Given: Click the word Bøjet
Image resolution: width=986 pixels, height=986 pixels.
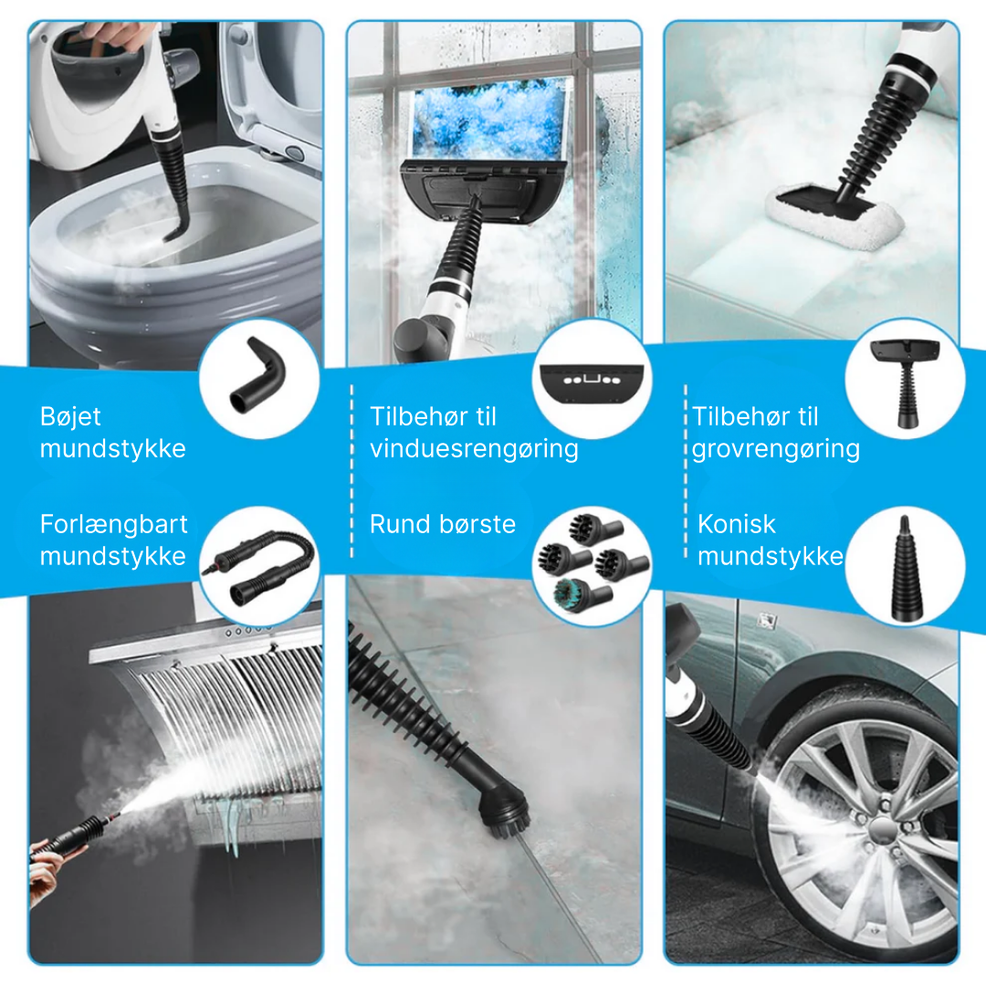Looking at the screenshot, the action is (69, 416).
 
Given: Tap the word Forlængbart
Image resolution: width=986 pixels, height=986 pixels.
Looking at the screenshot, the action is (114, 524).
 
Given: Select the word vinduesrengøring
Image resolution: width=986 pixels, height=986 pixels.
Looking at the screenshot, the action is (474, 449).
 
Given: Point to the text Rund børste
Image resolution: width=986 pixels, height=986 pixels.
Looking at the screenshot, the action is (443, 524).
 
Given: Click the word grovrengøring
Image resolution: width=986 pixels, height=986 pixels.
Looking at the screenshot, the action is (776, 449).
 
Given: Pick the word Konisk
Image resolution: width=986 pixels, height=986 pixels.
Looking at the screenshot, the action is (737, 524).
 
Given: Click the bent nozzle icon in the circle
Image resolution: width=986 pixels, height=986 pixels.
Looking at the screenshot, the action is (258, 376).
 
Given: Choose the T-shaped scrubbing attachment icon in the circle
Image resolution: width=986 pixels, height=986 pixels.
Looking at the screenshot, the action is (905, 382).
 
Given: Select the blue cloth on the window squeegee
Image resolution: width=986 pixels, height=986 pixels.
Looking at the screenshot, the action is (488, 120).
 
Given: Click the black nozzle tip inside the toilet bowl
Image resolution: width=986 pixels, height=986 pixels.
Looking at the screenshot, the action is (176, 227).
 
